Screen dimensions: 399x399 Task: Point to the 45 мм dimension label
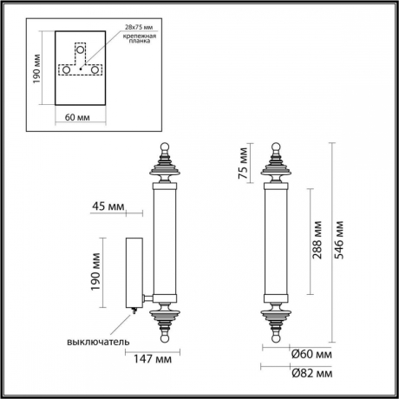108,206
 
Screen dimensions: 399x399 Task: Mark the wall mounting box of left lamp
135,272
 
